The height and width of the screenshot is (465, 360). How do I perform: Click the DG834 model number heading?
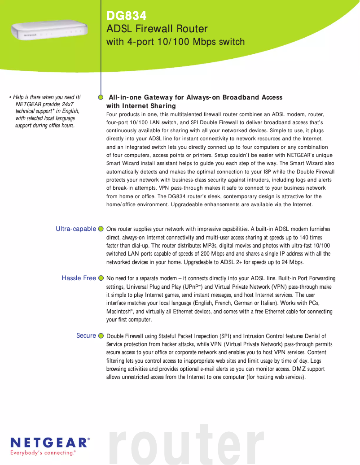click(x=126, y=16)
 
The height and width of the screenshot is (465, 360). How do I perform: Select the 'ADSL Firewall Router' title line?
click(x=157, y=29)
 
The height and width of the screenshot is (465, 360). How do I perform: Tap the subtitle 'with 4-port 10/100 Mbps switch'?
click(x=176, y=42)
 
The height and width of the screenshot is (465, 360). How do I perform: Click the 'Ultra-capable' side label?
click(x=76, y=229)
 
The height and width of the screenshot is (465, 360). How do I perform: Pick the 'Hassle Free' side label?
click(x=79, y=278)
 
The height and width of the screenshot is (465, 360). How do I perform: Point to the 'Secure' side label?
click(x=86, y=335)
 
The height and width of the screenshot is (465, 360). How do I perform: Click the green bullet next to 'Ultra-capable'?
click(x=101, y=229)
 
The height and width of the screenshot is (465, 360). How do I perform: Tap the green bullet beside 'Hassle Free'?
click(x=101, y=278)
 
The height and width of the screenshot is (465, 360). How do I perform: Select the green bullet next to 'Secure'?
click(x=101, y=336)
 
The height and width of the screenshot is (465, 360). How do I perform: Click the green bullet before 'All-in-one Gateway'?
click(x=101, y=96)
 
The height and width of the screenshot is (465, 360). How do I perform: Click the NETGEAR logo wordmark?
click(x=50, y=443)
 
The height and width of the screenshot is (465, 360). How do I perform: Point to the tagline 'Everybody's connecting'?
click(x=43, y=453)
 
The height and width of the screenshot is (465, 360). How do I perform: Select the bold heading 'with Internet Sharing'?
click(x=141, y=106)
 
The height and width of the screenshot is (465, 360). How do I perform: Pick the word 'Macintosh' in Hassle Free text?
click(x=118, y=312)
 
